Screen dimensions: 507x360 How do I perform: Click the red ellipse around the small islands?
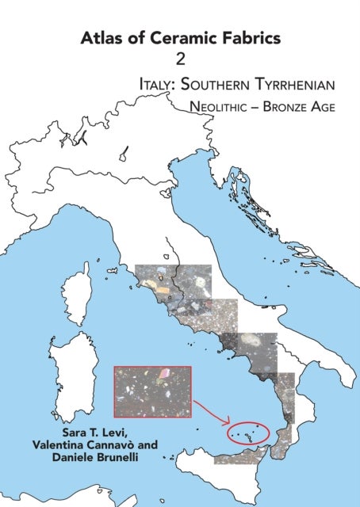(247, 433)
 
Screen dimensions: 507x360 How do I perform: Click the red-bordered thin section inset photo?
(152, 391)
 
